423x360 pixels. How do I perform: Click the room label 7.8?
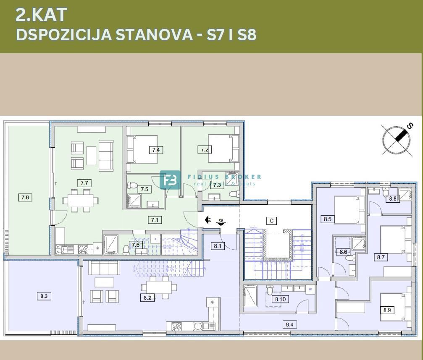tap(25, 197)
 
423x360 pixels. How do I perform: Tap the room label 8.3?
tap(44, 296)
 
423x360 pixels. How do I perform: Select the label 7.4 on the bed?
tap(156, 150)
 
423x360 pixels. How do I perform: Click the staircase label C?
tap(271, 221)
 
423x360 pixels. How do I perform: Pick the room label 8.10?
tap(280, 299)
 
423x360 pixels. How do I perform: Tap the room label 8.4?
tap(289, 324)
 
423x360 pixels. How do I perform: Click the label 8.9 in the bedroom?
tap(387, 310)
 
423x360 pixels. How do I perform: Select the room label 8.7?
tap(381, 258)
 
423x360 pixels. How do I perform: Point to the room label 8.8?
tap(392, 198)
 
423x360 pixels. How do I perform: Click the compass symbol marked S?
tap(396, 140)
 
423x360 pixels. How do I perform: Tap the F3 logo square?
tap(170, 180)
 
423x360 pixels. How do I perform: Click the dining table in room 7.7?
tap(80, 201)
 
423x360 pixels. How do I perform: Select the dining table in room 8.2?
tap(156, 287)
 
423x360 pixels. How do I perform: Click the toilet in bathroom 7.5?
tap(133, 185)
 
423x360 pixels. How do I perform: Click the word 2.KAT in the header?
tap(41, 15)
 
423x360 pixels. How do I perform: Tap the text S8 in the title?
tap(247, 34)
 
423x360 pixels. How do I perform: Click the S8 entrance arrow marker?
tap(221, 223)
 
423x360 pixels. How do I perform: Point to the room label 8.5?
tap(328, 219)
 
